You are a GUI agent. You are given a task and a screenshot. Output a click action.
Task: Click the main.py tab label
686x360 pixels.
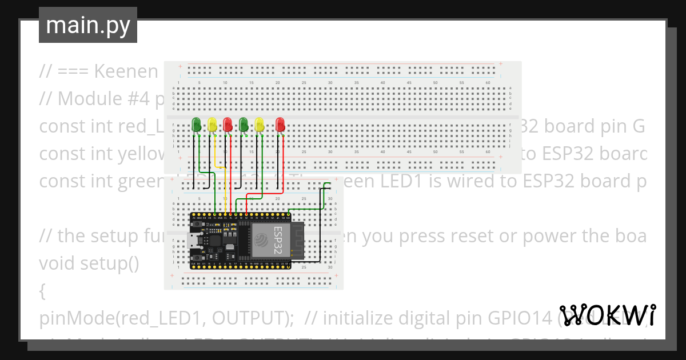87,25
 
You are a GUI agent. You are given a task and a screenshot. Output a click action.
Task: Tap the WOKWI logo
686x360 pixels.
607,315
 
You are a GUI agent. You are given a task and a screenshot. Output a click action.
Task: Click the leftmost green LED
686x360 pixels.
197,123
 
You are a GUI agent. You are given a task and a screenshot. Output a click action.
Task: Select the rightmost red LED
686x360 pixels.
280,123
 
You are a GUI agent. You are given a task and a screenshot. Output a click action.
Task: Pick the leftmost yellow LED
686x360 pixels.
212,123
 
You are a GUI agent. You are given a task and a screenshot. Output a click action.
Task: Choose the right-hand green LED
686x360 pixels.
244,123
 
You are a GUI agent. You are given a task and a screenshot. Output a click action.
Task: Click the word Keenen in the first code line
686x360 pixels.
126,71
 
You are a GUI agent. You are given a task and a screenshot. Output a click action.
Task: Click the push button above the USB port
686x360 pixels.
198,225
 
